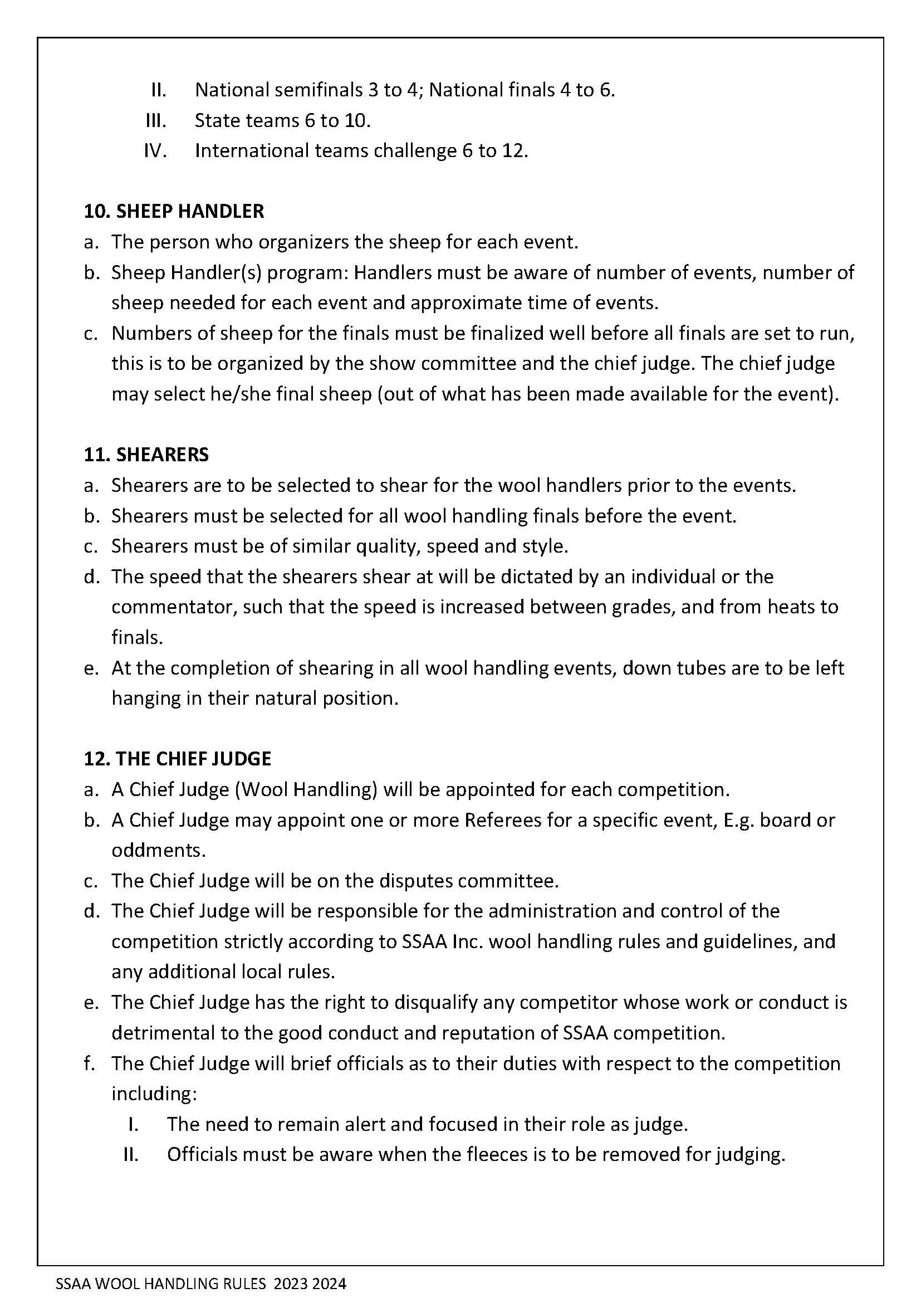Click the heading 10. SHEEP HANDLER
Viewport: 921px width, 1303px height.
[174, 211]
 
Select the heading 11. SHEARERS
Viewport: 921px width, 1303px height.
[146, 455]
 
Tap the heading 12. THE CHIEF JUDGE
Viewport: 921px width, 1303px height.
[178, 759]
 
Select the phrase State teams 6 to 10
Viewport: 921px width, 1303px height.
[282, 120]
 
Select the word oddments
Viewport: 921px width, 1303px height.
[158, 850]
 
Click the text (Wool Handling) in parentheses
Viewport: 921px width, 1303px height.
[306, 789]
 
